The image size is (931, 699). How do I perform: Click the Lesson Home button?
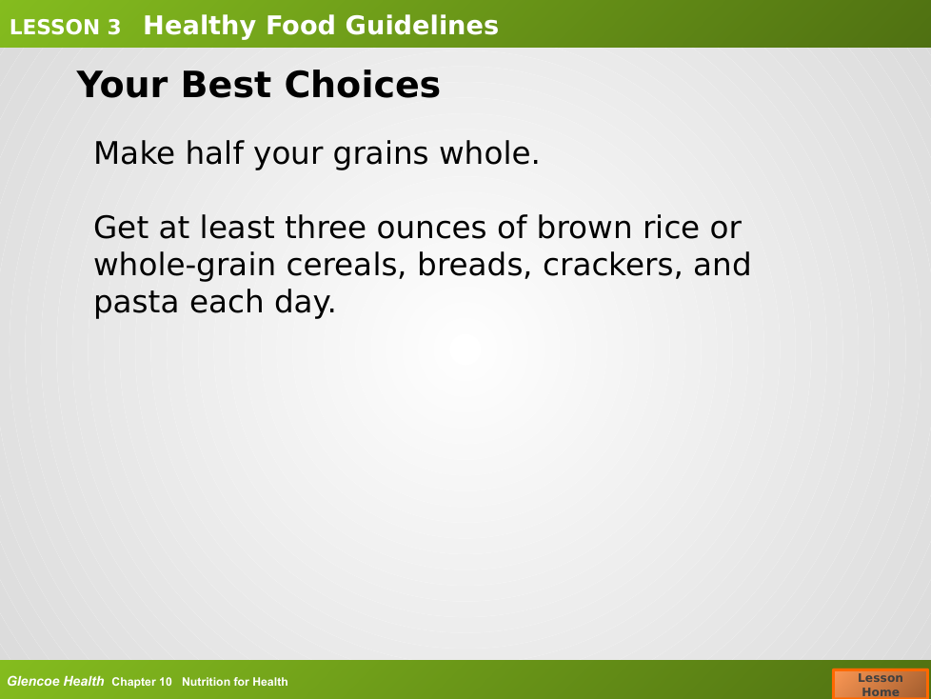880,684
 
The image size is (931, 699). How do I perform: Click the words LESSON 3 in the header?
66,28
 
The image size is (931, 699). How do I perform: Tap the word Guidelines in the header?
422,26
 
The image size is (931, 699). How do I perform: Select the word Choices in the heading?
362,85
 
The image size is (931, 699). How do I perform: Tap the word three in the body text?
325,227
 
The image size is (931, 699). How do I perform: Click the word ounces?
431,228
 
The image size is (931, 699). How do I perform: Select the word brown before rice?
584,227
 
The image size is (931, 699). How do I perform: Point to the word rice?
670,227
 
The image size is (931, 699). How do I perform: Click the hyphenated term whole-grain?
185,266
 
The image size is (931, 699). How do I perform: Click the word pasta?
136,303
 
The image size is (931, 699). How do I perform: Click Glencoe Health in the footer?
55,681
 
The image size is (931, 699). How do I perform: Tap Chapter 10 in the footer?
141,682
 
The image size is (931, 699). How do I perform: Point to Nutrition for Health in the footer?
234,682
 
